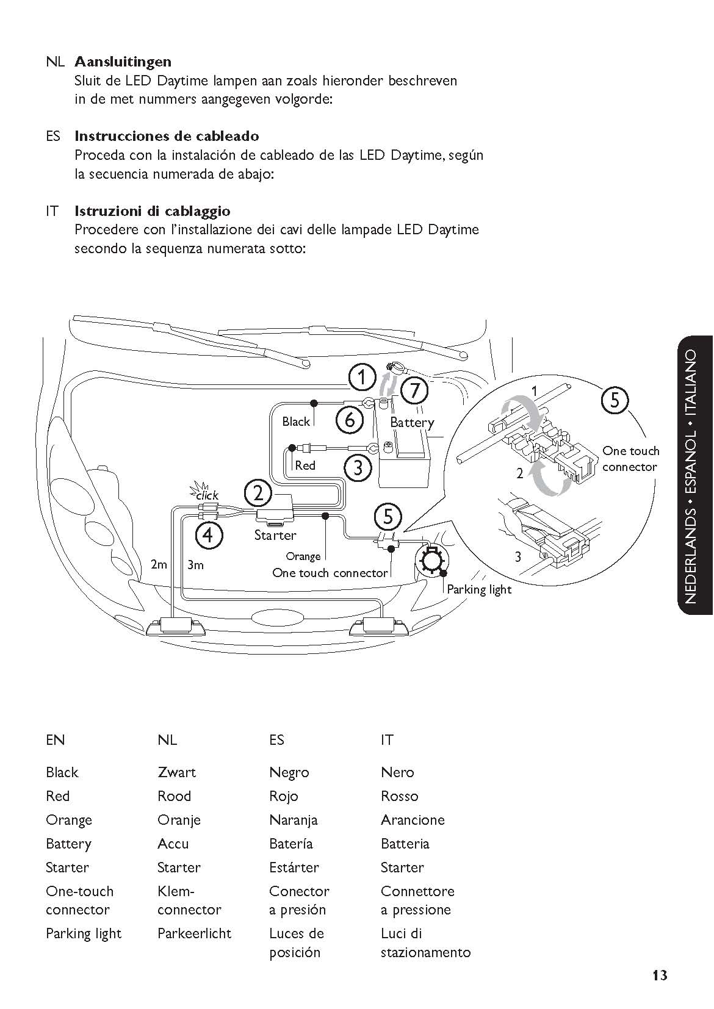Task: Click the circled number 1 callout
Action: [362, 378]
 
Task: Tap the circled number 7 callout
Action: [414, 390]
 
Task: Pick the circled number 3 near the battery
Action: [358, 467]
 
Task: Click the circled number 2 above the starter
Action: [258, 494]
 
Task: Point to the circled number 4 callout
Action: [209, 535]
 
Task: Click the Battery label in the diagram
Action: [412, 423]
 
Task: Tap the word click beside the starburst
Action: [207, 495]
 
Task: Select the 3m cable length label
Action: [195, 564]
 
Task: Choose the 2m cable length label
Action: [159, 564]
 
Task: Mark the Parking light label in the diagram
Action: [479, 590]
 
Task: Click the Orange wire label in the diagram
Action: [303, 557]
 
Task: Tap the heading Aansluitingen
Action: [123, 61]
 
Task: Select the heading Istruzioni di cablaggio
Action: [153, 211]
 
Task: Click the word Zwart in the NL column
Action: [176, 772]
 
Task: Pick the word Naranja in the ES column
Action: [294, 820]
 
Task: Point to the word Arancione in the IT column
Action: [413, 820]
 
